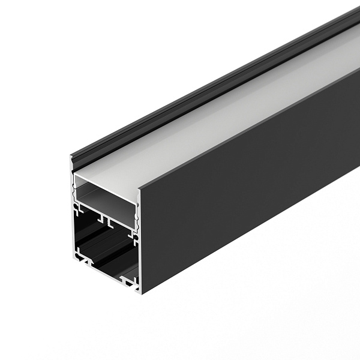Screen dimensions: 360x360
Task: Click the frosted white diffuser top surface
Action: coord(228,120)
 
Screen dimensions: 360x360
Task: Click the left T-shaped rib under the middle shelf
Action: coord(101,217)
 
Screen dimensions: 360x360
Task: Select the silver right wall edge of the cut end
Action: coord(140,240)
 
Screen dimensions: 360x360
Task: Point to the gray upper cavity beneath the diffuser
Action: coord(108,198)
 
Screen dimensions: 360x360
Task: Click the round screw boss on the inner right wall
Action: coord(136,239)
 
